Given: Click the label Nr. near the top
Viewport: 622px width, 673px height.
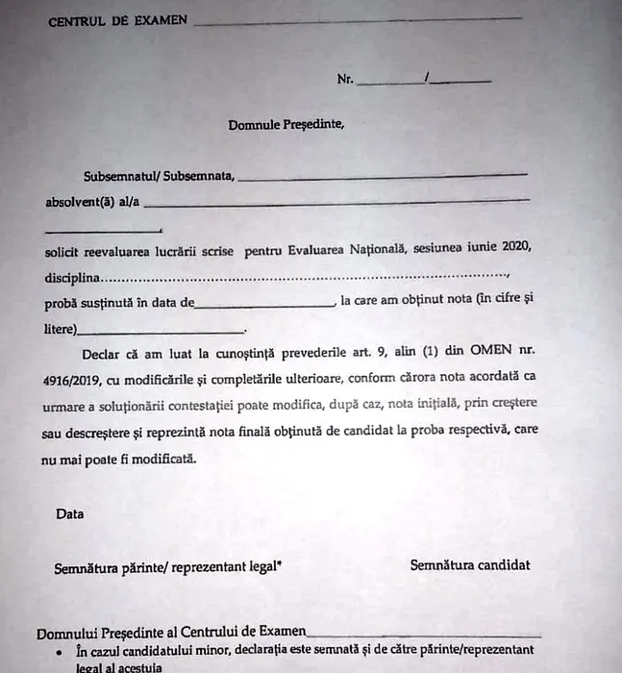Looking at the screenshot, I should [x=345, y=80].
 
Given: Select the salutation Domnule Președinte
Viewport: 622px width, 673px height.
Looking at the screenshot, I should [x=286, y=124].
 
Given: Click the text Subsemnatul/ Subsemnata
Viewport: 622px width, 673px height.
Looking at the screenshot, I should [x=158, y=177].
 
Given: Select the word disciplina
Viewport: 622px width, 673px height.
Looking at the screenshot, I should [x=72, y=277].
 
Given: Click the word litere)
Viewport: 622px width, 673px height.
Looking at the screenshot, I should [x=61, y=330].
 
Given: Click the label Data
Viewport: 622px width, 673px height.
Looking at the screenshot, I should [x=70, y=513].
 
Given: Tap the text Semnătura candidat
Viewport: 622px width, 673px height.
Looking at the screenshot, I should [x=469, y=564].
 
